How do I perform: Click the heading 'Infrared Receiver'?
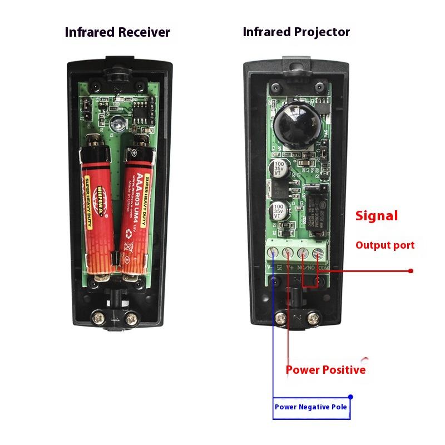click(x=117, y=32)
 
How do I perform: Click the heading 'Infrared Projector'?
click(x=296, y=32)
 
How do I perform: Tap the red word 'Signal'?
click(x=377, y=216)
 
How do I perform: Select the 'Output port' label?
click(x=385, y=245)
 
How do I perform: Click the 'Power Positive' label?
click(x=325, y=370)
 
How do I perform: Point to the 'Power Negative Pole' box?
click(x=311, y=407)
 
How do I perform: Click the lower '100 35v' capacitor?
click(x=278, y=211)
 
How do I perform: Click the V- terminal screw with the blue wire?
click(x=274, y=254)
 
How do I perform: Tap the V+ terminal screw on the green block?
click(x=288, y=254)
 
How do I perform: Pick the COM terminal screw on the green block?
click(x=318, y=254)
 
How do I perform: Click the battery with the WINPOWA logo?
click(x=95, y=211)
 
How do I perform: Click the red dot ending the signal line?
click(x=411, y=271)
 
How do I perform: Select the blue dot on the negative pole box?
click(x=350, y=397)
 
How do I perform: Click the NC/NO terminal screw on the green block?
click(x=303, y=254)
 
